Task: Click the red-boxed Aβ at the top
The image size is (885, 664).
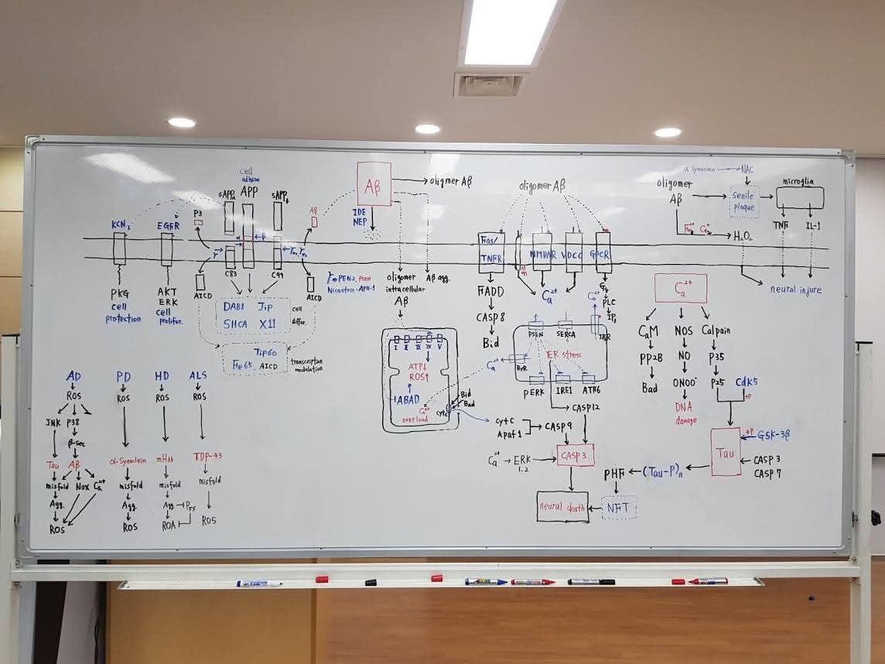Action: click(374, 184)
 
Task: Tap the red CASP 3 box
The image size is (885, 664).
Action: click(575, 456)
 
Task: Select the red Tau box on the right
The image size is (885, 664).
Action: click(725, 451)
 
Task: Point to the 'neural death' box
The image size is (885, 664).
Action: click(562, 506)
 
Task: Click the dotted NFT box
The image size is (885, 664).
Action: click(618, 508)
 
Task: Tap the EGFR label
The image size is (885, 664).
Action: click(168, 225)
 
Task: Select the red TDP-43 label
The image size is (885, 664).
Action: click(207, 456)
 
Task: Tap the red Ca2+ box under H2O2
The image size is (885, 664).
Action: click(680, 288)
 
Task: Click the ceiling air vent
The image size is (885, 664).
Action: click(488, 84)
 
